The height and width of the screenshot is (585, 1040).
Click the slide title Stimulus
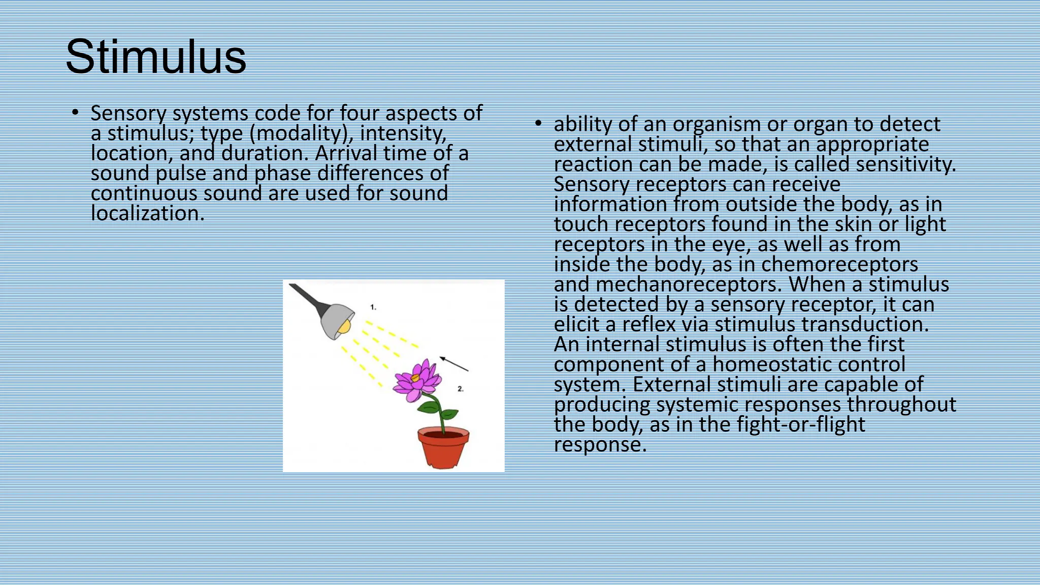tap(155, 57)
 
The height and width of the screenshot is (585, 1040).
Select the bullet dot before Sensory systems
tap(75, 113)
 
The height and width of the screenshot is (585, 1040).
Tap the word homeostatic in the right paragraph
tap(774, 365)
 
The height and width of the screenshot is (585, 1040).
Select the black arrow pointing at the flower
tap(453, 364)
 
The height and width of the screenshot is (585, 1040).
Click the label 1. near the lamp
tap(373, 307)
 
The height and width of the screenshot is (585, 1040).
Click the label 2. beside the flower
tap(460, 389)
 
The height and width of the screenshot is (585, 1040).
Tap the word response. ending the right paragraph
tap(600, 445)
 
